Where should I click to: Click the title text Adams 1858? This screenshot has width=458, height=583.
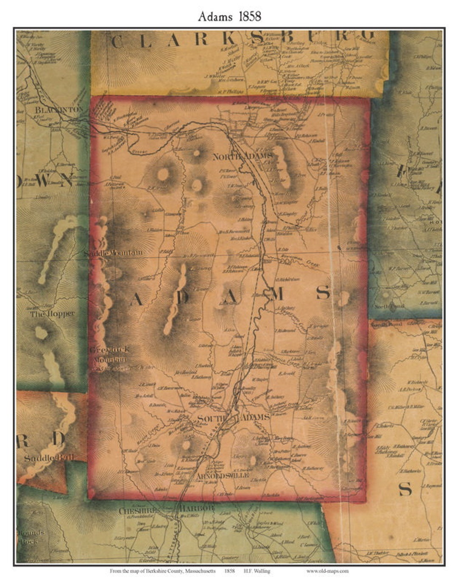pyautogui.click(x=229, y=17)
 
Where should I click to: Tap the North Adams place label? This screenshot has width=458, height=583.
pyautogui.click(x=242, y=157)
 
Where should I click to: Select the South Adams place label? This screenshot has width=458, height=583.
pyautogui.click(x=233, y=417)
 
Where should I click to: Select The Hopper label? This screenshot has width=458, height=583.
pyautogui.click(x=52, y=314)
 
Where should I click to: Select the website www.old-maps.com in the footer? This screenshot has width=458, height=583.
pyautogui.click(x=327, y=571)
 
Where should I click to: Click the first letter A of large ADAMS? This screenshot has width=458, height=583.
pyautogui.click(x=136, y=299)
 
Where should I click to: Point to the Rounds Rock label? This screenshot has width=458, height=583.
pyautogui.click(x=31, y=537)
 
